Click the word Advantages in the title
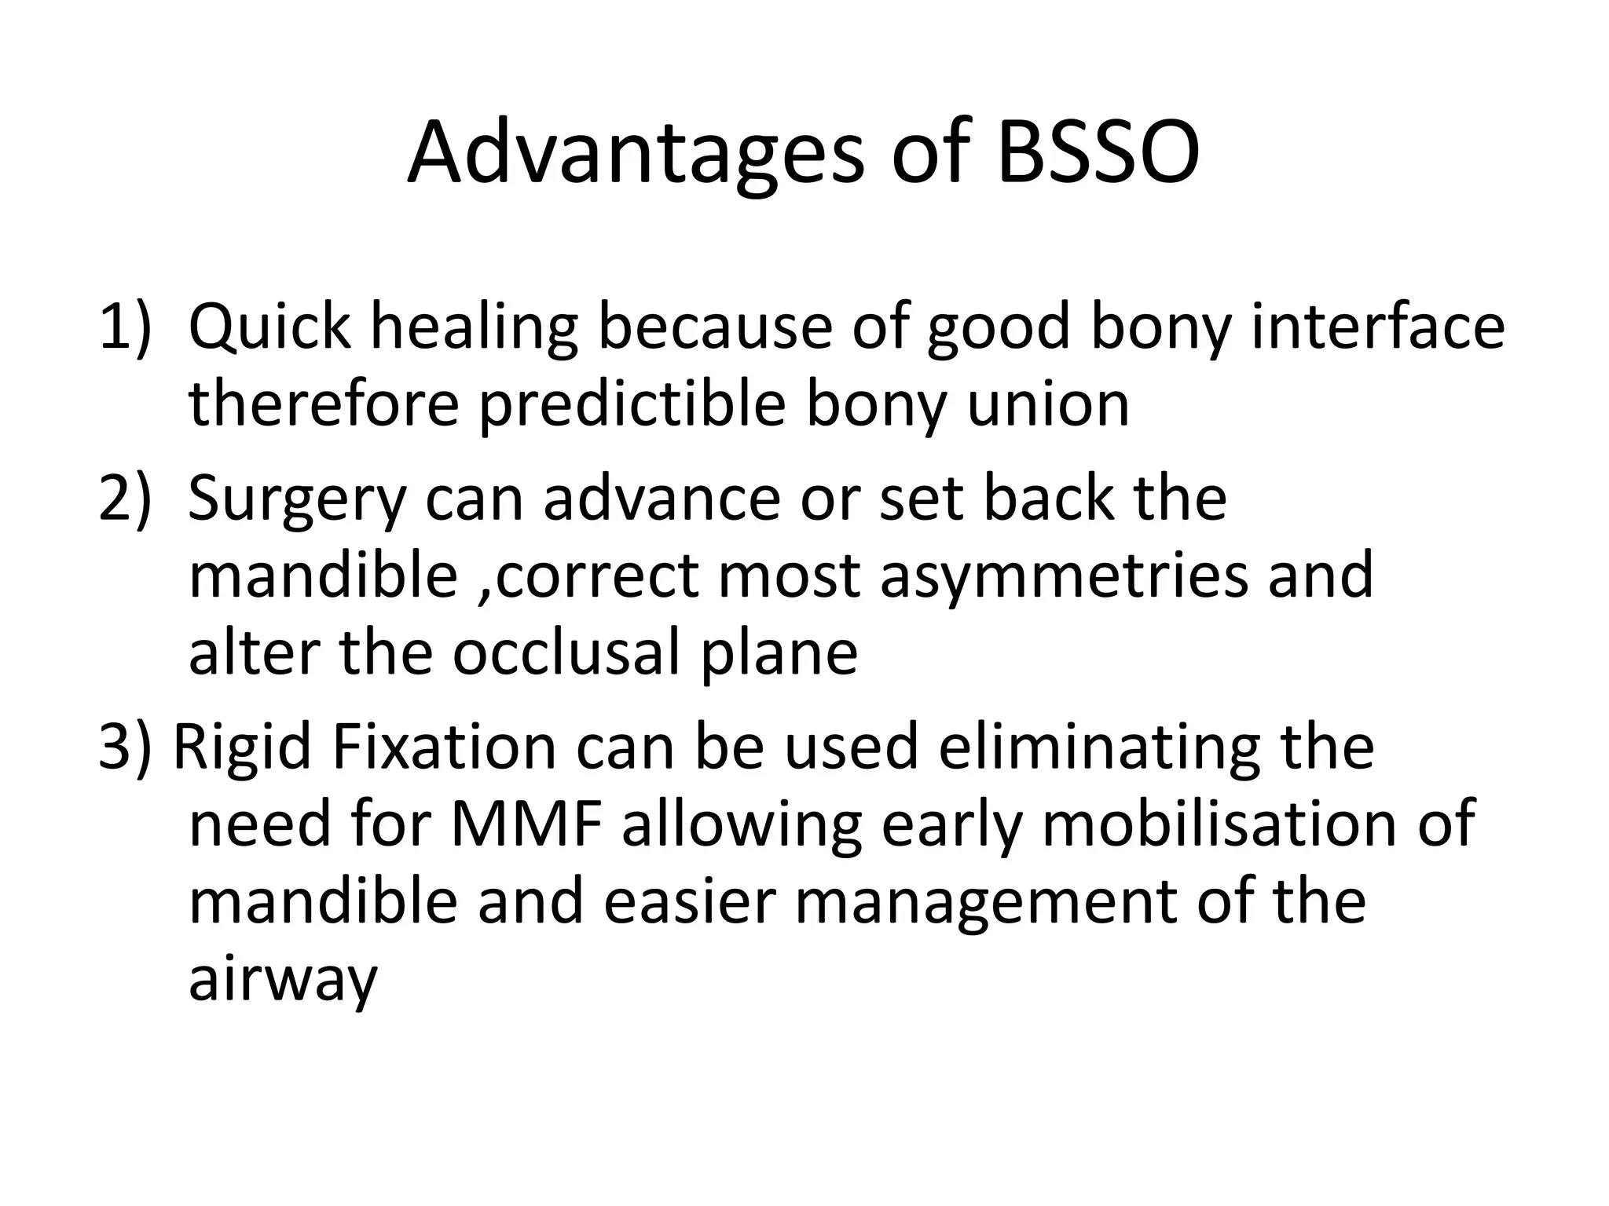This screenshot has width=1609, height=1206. (x=637, y=153)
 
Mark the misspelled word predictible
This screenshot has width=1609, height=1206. (x=632, y=405)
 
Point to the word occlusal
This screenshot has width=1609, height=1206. (x=566, y=653)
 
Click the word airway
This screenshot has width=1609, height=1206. (x=283, y=980)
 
